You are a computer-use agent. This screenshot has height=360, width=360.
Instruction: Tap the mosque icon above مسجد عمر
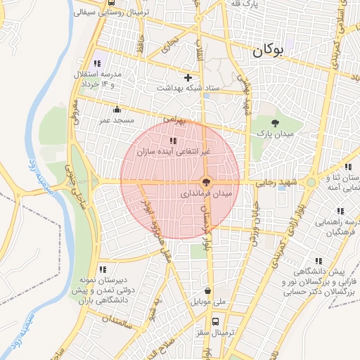coord(117,110)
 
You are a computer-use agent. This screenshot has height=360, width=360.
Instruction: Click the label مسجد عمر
coord(116,120)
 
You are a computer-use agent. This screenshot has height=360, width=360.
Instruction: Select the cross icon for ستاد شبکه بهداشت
coord(187,77)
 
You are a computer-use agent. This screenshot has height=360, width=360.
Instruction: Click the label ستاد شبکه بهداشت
coord(187,88)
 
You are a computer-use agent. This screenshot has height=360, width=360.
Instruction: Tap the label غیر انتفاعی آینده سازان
coord(173,151)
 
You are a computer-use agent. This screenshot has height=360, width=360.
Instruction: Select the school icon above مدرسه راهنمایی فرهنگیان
coord(340,210)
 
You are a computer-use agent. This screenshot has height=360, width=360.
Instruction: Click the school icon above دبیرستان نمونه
coord(103,269)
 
